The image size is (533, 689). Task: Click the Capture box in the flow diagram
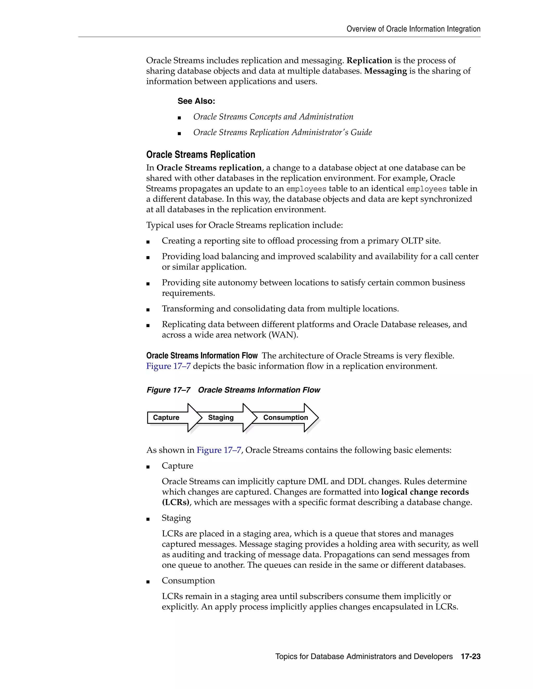[x=166, y=417]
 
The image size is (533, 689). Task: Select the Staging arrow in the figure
[x=221, y=417]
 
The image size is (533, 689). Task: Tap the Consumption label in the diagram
[x=285, y=417]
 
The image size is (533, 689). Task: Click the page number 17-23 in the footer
[x=471, y=656]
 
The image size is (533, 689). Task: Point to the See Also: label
[x=196, y=101]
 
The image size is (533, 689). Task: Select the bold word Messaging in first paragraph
[x=385, y=71]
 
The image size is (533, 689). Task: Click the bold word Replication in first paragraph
[x=369, y=61]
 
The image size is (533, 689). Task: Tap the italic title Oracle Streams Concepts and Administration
[x=273, y=117]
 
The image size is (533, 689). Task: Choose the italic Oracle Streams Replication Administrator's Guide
[x=282, y=133]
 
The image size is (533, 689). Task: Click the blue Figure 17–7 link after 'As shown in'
[x=219, y=450]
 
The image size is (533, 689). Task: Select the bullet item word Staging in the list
[x=176, y=518]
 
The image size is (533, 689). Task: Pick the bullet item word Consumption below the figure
[x=188, y=581]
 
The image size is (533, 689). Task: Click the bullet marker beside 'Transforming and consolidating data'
[x=148, y=310]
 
